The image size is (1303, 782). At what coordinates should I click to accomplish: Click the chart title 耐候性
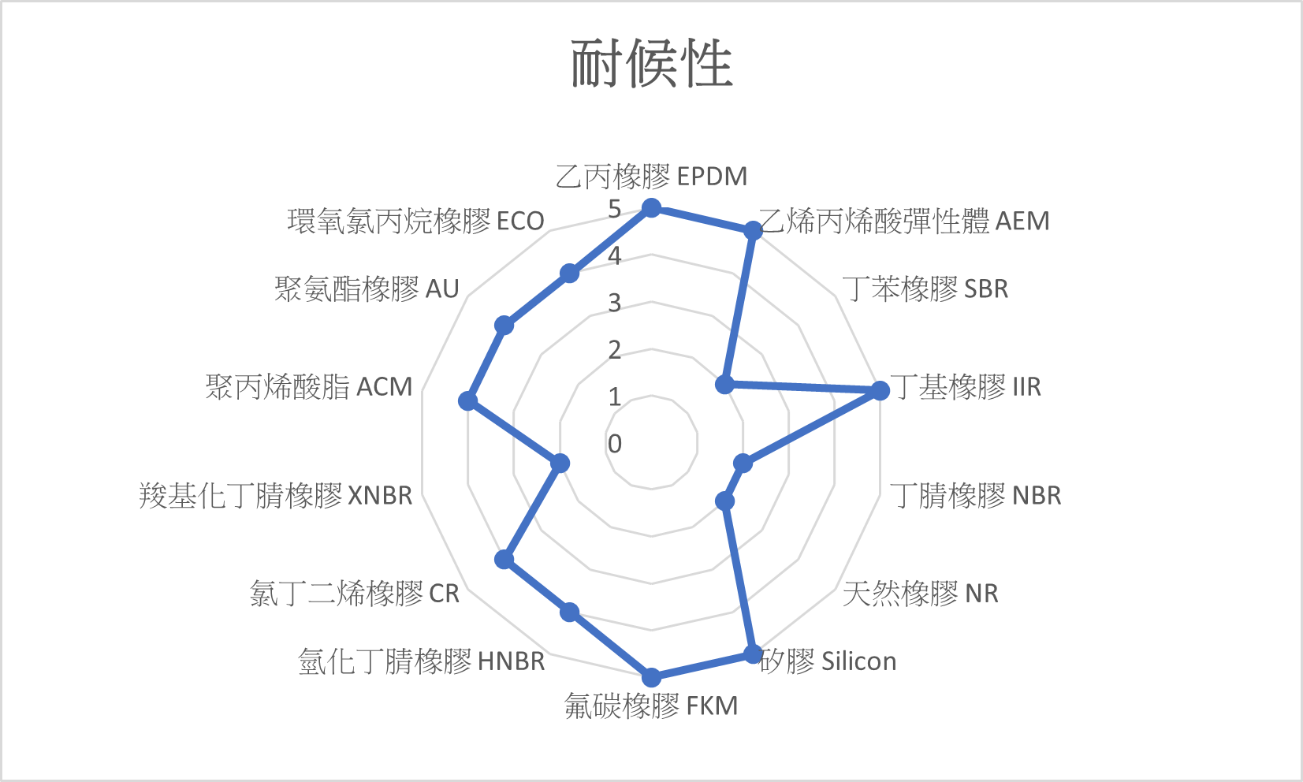point(651,63)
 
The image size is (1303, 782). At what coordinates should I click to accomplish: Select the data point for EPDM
point(651,208)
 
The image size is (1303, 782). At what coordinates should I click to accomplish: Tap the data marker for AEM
point(753,230)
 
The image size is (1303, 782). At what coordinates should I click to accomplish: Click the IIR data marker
point(880,389)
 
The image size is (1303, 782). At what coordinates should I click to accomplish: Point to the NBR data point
point(743,463)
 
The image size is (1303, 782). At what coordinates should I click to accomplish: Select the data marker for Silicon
point(753,654)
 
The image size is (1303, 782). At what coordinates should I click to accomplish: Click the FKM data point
point(651,677)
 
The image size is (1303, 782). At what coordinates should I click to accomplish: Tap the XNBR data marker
point(560,463)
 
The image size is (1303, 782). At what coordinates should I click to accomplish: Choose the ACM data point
point(468,400)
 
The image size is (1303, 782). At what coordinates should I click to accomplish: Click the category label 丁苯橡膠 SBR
point(925,289)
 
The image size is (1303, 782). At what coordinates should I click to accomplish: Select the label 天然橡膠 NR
point(920,593)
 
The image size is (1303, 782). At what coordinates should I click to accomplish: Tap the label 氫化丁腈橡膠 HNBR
point(422,661)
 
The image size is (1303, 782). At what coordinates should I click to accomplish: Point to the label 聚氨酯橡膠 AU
point(367,289)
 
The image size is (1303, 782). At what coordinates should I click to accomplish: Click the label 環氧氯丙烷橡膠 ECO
point(415,221)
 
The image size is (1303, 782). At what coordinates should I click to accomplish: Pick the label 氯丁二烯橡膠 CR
point(354,593)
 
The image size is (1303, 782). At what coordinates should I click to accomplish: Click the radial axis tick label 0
point(615,444)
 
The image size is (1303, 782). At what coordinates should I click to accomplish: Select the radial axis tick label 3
point(615,303)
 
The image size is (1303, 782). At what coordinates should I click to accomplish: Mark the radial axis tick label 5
point(615,209)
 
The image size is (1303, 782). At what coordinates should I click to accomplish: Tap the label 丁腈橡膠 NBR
point(976,495)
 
